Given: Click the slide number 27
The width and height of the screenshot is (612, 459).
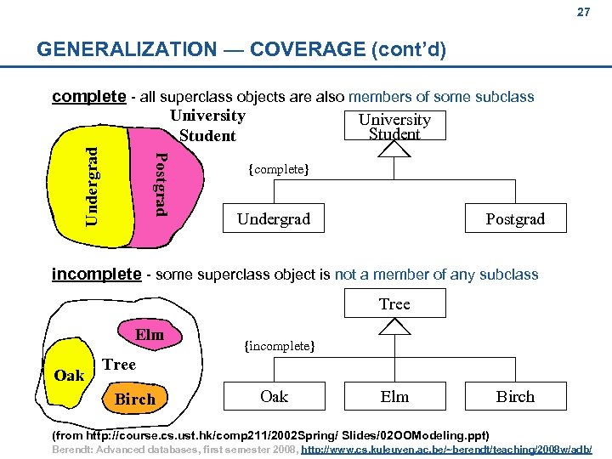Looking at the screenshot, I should (x=583, y=13).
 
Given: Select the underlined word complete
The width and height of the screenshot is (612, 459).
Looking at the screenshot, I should (x=88, y=96).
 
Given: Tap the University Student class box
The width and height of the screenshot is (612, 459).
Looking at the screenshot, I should (x=394, y=126).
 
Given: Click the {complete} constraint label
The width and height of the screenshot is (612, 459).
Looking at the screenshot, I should (x=278, y=169).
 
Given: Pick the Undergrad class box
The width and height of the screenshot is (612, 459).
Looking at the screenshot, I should (x=274, y=219).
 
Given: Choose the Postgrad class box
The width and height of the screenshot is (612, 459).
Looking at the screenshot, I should (x=515, y=219).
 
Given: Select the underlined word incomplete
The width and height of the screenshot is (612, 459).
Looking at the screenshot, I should (x=96, y=274).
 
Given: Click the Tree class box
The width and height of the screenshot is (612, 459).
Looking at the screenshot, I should (x=394, y=303).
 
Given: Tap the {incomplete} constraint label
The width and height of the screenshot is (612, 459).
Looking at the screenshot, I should (x=280, y=346).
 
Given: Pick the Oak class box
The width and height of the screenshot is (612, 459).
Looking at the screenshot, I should (x=274, y=397).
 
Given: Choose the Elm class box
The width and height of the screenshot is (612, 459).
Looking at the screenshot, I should (x=394, y=397).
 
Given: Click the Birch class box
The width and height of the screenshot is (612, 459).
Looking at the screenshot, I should (x=515, y=397).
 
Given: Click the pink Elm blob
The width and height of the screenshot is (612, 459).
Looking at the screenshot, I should (x=149, y=334).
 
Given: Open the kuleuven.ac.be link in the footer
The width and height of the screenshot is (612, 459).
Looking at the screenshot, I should (x=447, y=448).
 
